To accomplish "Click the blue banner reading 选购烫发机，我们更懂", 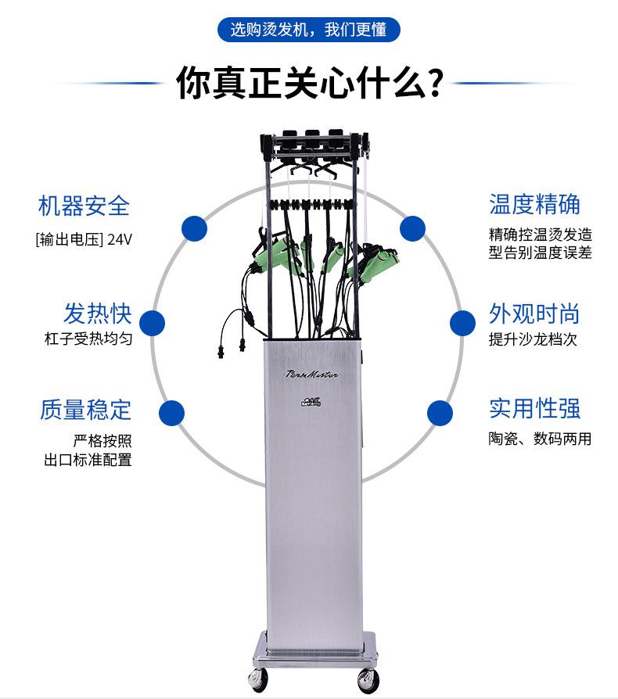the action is tap(309, 30).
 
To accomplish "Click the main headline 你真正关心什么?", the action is tap(309, 82).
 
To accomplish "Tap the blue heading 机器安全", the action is tap(84, 206).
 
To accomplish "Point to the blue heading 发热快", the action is tap(98, 314).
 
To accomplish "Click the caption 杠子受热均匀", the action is tap(88, 339).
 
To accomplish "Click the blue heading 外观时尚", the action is tap(535, 314).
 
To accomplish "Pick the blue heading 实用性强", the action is tap(535, 408).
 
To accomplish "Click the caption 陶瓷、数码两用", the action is tap(540, 439).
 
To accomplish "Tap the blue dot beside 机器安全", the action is tap(194, 228).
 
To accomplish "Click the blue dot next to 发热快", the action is tap(153, 323).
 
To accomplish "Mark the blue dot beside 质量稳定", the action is tap(171, 412).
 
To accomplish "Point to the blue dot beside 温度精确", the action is tap(412, 228).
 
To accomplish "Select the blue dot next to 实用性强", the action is tap(440, 412).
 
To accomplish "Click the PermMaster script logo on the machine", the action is tap(313, 375).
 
